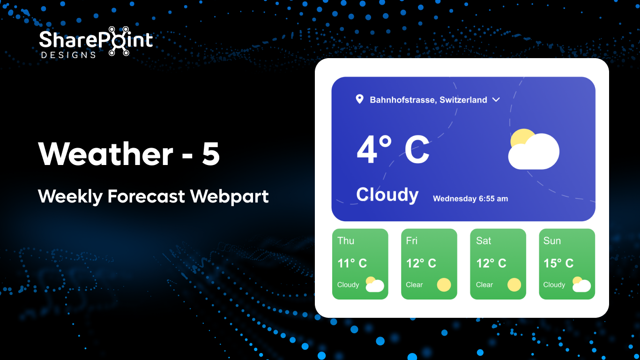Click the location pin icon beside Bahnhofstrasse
click(359, 99)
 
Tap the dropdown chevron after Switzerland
click(496, 99)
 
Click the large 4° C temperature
click(393, 150)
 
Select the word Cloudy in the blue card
click(387, 195)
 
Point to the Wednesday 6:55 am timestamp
click(470, 199)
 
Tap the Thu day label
click(346, 241)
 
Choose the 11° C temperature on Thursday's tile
click(352, 263)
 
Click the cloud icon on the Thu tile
click(374, 285)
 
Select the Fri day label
click(412, 241)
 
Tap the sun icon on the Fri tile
click(444, 285)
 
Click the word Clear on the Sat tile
click(484, 285)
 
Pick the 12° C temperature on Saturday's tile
click(491, 263)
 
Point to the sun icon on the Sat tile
click(514, 285)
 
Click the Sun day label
click(552, 241)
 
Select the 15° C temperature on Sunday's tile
click(558, 263)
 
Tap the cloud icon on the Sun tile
click(581, 285)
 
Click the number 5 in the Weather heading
click(211, 154)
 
